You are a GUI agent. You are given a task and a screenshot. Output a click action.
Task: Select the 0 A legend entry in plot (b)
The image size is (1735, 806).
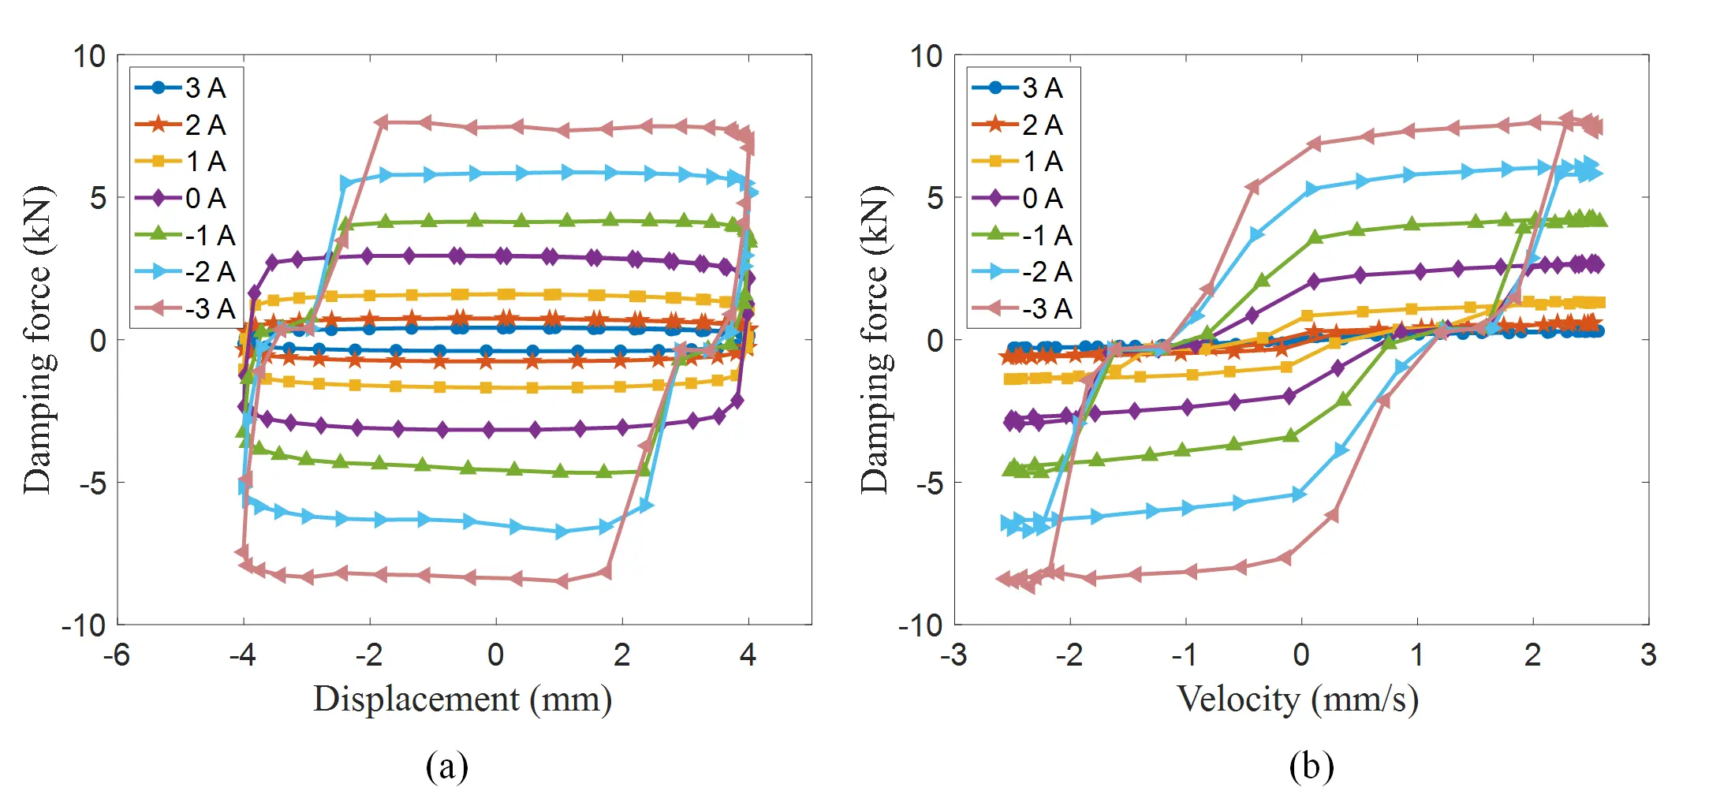[x=1024, y=198]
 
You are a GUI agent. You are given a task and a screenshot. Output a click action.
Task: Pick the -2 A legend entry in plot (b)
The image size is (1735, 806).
[x=1024, y=272]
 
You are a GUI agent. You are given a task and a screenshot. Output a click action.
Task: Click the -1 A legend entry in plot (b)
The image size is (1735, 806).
[x=1024, y=235]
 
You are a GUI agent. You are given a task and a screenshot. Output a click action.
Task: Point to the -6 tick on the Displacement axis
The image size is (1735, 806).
[x=117, y=655]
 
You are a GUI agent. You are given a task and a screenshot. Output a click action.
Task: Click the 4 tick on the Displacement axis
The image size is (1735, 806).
[x=748, y=655]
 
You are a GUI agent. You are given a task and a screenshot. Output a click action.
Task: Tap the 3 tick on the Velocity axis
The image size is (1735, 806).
[x=1648, y=655]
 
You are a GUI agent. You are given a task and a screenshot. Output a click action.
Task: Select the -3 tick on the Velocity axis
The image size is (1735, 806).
[x=953, y=655]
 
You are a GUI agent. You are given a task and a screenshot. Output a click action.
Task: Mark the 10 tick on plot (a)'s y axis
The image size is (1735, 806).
[x=89, y=56]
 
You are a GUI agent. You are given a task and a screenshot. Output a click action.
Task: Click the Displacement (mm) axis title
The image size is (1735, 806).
[x=463, y=700]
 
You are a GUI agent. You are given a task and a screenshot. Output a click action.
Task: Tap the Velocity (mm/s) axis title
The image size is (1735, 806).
[x=1298, y=700]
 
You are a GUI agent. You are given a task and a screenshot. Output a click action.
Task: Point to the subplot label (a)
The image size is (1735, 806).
[x=447, y=767]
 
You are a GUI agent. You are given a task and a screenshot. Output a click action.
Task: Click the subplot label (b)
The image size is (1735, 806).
[x=1312, y=767]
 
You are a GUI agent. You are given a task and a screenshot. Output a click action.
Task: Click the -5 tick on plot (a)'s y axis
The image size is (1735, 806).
[x=92, y=483]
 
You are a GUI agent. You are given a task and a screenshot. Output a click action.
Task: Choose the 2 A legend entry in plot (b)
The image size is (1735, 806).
[x=1024, y=125]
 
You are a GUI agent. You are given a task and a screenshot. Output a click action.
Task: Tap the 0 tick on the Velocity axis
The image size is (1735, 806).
[x=1301, y=655]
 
